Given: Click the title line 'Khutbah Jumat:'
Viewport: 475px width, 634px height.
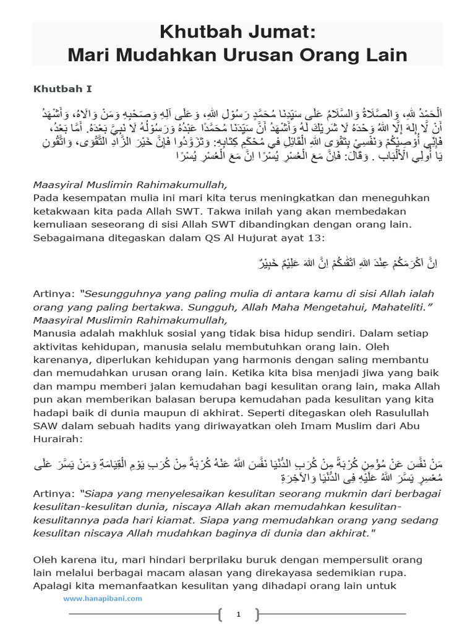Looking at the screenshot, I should pyautogui.click(x=237, y=32).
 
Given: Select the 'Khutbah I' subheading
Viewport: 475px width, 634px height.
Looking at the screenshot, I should pyautogui.click(x=59, y=89).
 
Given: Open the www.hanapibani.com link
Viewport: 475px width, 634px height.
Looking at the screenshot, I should pyautogui.click(x=102, y=598).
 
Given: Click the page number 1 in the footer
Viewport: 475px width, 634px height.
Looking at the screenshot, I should pyautogui.click(x=237, y=614).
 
